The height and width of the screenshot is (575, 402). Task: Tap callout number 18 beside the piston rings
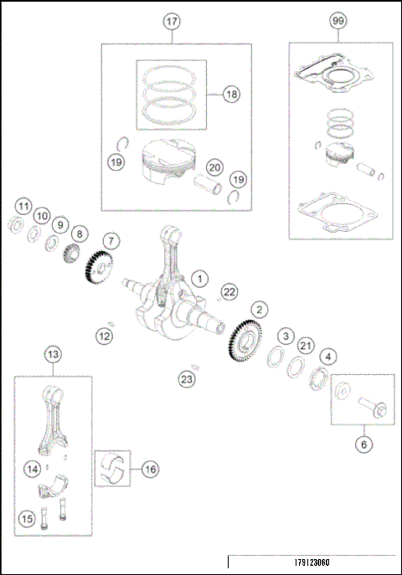point(231,95)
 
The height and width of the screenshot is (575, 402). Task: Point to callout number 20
point(214,167)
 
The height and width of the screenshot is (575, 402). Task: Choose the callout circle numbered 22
point(229,290)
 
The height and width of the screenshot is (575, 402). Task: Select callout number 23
point(187,379)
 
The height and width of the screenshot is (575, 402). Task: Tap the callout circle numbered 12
point(104,336)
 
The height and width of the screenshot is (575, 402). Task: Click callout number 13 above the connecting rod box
point(53,355)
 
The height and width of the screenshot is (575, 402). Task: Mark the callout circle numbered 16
point(149,470)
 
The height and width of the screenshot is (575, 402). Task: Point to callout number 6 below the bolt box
point(363,445)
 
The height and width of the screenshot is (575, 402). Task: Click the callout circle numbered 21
point(306,347)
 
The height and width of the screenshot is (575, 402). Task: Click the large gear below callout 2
point(244,345)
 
